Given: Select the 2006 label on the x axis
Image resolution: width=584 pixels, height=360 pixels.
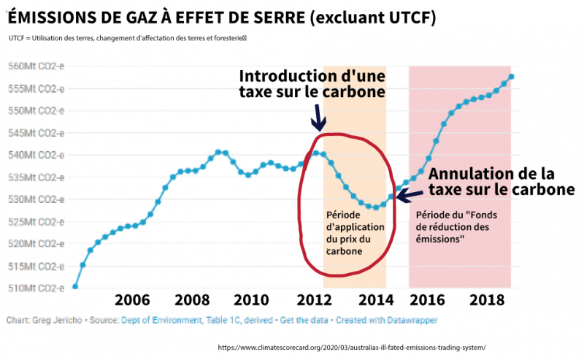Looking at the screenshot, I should coord(133,300).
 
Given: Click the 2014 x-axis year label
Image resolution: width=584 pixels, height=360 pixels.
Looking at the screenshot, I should coord(377,300).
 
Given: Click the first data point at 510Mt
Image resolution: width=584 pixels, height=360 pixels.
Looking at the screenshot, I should coord(75,286).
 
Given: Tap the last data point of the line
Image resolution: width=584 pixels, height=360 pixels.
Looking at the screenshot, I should coord(511,77).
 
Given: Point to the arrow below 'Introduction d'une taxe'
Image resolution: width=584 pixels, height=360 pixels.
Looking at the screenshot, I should coord(318,117).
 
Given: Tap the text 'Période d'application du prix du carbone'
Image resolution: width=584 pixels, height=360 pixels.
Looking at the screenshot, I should coord(353,233).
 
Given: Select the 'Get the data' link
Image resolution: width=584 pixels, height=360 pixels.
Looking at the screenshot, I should coord(304,320).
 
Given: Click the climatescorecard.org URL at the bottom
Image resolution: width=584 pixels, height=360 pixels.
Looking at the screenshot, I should coord(351,348).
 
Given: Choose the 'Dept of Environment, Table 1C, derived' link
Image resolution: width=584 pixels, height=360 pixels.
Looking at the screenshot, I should coord(199,320).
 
